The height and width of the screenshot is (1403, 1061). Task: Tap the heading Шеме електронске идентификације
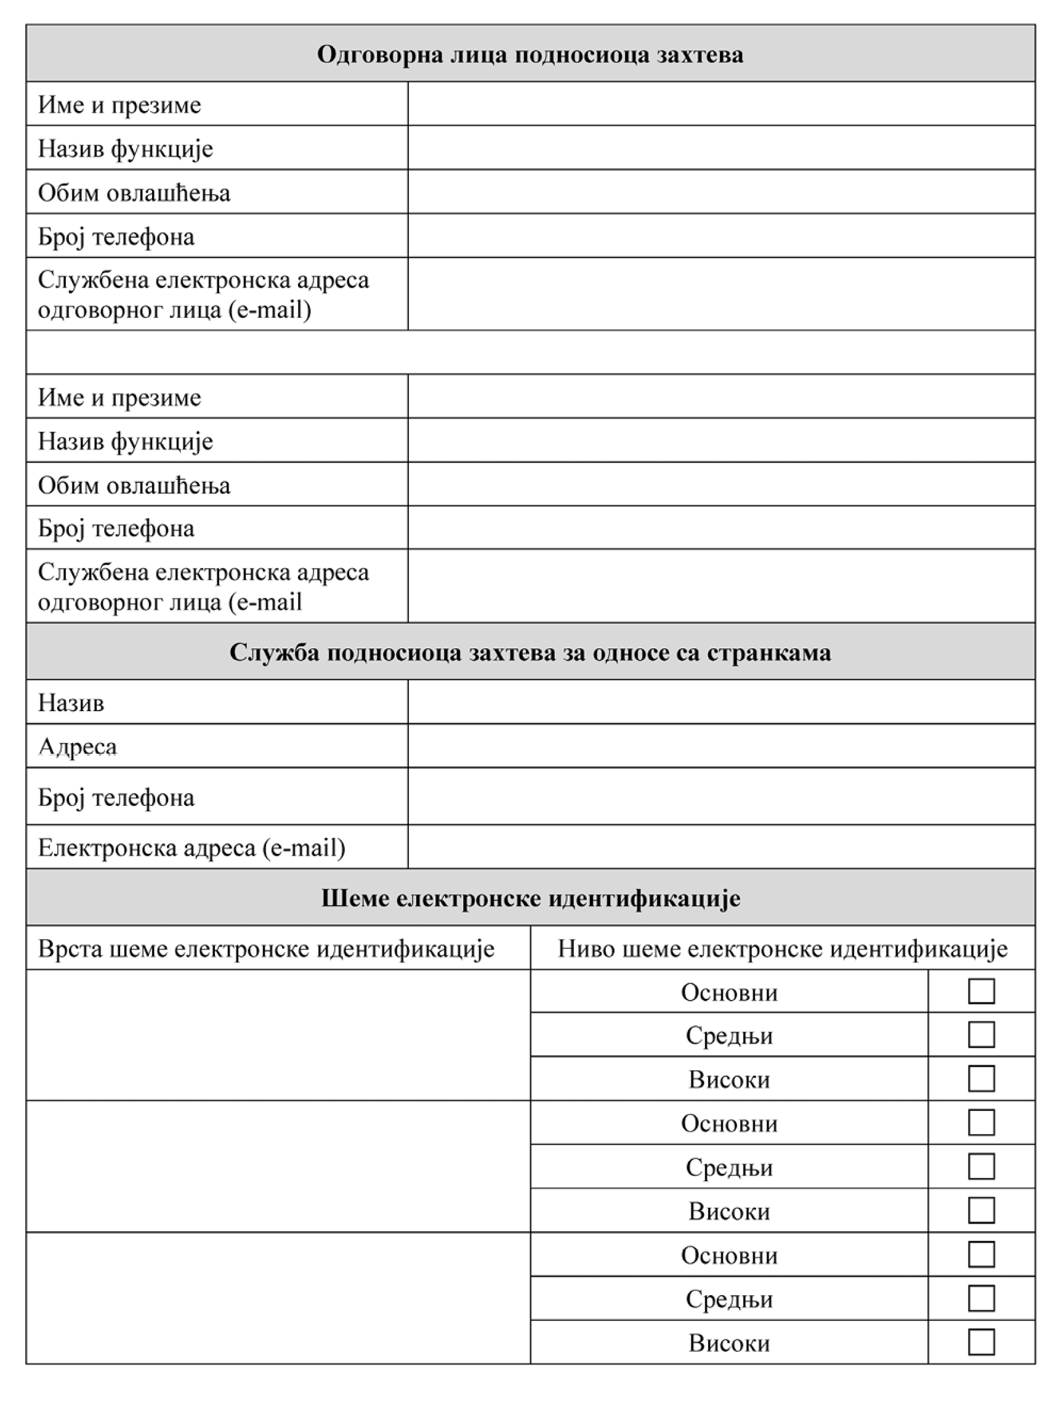click(x=531, y=898)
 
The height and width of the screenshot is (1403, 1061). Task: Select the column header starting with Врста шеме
click(x=265, y=949)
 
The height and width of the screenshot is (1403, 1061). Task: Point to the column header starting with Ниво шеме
click(x=782, y=949)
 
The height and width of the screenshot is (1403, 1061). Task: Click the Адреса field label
click(x=78, y=747)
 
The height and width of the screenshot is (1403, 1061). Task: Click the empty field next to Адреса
click(x=720, y=746)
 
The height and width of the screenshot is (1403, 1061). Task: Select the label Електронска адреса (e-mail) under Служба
click(x=192, y=847)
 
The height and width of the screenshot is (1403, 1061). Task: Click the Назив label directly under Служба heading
click(x=71, y=703)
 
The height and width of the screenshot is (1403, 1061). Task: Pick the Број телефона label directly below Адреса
click(x=116, y=797)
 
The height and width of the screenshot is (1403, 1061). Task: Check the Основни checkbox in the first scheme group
click(x=980, y=991)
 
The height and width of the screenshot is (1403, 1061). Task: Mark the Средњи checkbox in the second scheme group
click(x=980, y=1166)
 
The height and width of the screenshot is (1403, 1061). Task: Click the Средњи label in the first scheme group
click(x=729, y=1036)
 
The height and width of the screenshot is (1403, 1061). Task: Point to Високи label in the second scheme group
click(x=729, y=1211)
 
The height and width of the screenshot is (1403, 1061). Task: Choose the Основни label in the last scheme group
click(x=729, y=1255)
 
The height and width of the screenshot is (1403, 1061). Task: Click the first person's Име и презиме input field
click(x=720, y=104)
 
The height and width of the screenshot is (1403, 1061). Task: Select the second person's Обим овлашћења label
click(x=134, y=485)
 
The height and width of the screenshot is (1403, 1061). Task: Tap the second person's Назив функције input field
click(x=720, y=440)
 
